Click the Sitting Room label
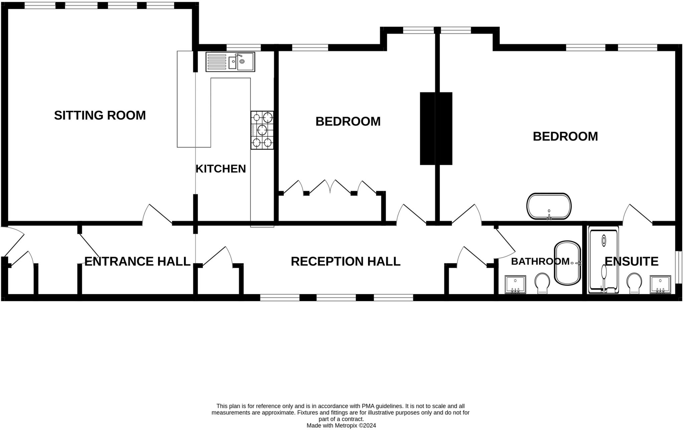(100, 115)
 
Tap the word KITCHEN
(220, 169)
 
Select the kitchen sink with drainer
(230, 62)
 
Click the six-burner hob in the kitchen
(262, 130)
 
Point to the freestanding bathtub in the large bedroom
(549, 206)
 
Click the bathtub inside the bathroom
(567, 263)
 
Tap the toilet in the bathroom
(542, 283)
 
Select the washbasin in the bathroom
(515, 284)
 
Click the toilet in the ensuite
(634, 283)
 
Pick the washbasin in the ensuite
(660, 284)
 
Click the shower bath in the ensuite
(604, 260)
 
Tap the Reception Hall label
(345, 261)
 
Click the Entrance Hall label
(137, 261)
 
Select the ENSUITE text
(631, 261)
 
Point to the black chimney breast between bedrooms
(436, 129)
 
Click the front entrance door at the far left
(13, 240)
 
